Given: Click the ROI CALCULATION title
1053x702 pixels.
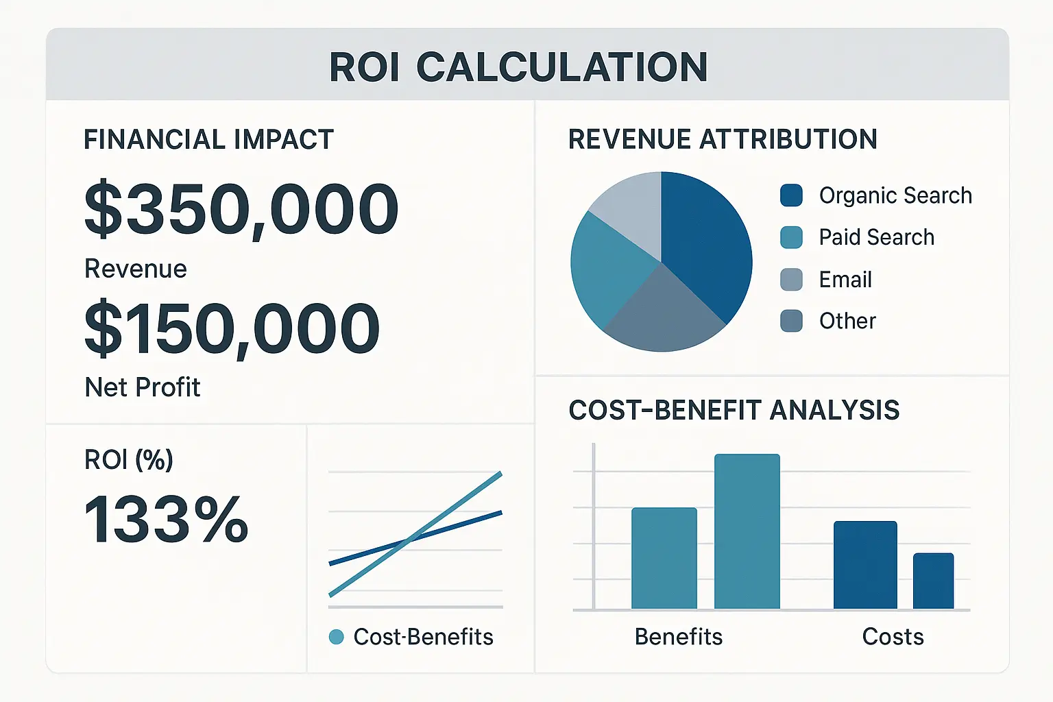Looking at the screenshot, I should tap(518, 67).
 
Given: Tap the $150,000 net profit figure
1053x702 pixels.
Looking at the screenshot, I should tap(232, 328).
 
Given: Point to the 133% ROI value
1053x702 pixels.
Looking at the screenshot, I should tap(166, 520).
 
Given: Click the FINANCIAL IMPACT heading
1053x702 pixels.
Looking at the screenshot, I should tap(208, 140).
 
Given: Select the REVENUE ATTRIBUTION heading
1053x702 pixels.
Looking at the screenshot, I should tap(723, 139).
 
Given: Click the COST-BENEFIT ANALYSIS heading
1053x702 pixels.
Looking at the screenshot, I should tap(734, 410).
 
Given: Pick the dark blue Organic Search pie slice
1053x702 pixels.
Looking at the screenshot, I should tap(706, 240).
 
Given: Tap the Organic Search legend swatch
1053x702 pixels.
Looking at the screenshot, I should tap(791, 195).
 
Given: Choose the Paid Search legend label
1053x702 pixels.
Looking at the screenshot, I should tap(876, 237).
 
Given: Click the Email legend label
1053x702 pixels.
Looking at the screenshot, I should tap(845, 280).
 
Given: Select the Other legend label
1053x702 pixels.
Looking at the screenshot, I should tap(847, 321).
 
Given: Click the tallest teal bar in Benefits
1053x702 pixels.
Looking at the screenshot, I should tap(747, 531).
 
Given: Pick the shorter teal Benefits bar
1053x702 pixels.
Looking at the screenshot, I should tap(664, 558).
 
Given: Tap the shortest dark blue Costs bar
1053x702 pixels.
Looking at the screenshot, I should tap(933, 581).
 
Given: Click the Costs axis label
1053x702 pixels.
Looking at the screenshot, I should tap(893, 636).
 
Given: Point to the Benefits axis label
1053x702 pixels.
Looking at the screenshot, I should tap(678, 636).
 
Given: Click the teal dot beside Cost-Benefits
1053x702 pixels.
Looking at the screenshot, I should tap(336, 637).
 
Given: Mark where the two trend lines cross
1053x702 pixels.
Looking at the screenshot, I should tap(408, 542).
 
